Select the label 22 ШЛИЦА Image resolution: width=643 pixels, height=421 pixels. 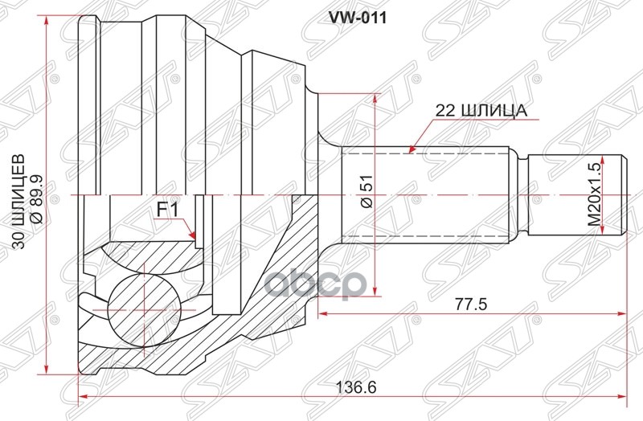481,112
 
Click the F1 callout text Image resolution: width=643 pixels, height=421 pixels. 166,210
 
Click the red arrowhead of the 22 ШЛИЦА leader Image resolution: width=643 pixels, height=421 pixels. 411,148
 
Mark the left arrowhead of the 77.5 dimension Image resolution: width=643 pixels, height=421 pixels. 323,313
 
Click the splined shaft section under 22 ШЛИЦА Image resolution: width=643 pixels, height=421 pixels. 426,194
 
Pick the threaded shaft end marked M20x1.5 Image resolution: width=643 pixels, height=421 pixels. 575,195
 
